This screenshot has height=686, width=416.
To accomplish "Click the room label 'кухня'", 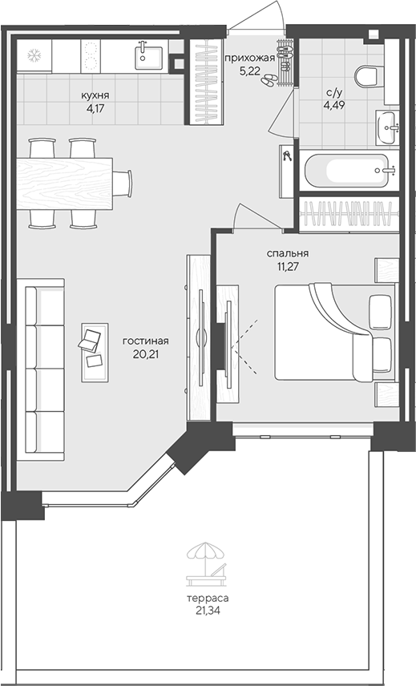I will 95,95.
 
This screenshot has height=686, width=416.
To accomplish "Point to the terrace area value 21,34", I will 208,610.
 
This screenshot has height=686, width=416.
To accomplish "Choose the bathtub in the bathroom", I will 349,169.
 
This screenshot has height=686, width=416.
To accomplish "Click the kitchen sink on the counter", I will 148,54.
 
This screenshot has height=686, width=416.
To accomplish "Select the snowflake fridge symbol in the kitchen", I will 34,55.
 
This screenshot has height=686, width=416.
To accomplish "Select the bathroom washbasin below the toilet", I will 386,126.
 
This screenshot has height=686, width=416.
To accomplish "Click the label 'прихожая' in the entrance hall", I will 249,58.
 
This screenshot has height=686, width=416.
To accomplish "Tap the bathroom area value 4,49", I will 334,103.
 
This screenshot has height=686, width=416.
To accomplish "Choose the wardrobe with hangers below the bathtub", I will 349,214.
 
